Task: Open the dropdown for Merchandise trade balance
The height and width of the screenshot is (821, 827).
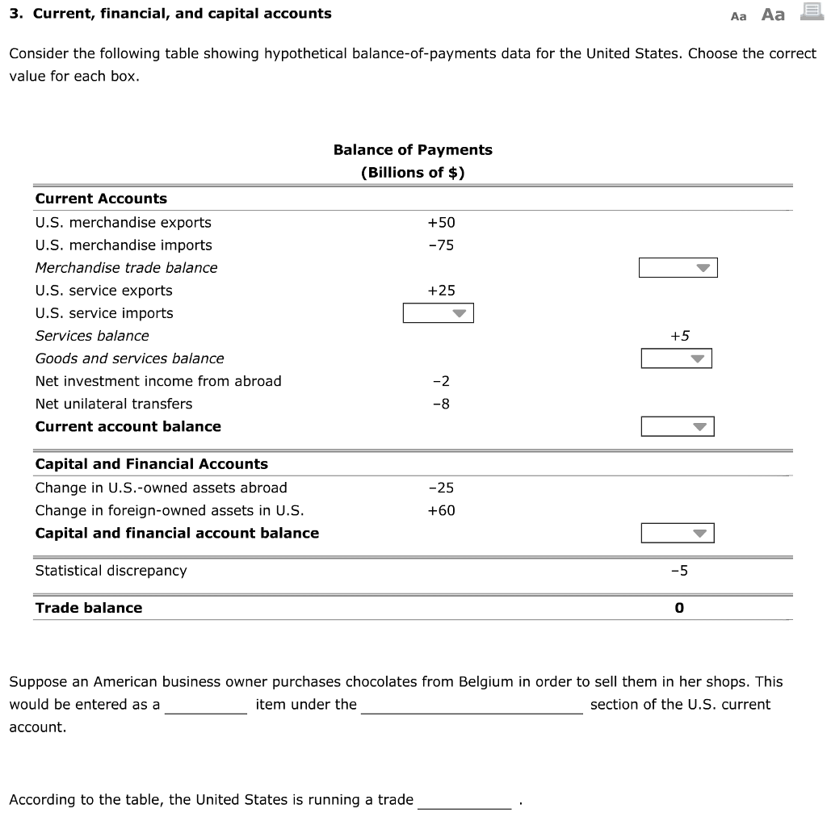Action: pos(678,268)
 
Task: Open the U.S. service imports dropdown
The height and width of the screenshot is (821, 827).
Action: pos(438,313)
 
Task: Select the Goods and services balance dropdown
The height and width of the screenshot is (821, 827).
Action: pos(676,358)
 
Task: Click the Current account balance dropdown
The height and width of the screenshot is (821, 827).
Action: pos(677,426)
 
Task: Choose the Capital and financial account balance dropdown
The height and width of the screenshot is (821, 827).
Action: pos(677,533)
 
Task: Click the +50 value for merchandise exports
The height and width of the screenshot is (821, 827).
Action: pos(441,223)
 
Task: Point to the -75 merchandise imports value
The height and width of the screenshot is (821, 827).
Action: pos(441,245)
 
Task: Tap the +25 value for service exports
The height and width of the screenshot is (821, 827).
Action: pos(441,291)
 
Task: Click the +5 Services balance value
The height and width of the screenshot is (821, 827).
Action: pos(679,336)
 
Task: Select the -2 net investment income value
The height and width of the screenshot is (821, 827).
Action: pos(441,381)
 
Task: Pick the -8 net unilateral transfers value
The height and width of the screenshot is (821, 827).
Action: pos(441,404)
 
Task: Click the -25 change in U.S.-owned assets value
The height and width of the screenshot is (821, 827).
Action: pos(441,488)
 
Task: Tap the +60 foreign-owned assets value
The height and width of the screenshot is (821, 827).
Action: pos(441,510)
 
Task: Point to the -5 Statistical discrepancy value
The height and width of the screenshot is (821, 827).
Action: pos(679,571)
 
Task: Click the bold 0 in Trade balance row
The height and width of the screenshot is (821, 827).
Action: pos(679,608)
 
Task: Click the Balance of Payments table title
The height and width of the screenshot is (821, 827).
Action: pos(413,150)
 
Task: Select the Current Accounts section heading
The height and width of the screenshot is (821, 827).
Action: pos(101,199)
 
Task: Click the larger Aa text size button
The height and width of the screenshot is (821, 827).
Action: pos(773,15)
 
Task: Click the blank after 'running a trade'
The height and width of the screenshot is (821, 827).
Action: pos(464,800)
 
